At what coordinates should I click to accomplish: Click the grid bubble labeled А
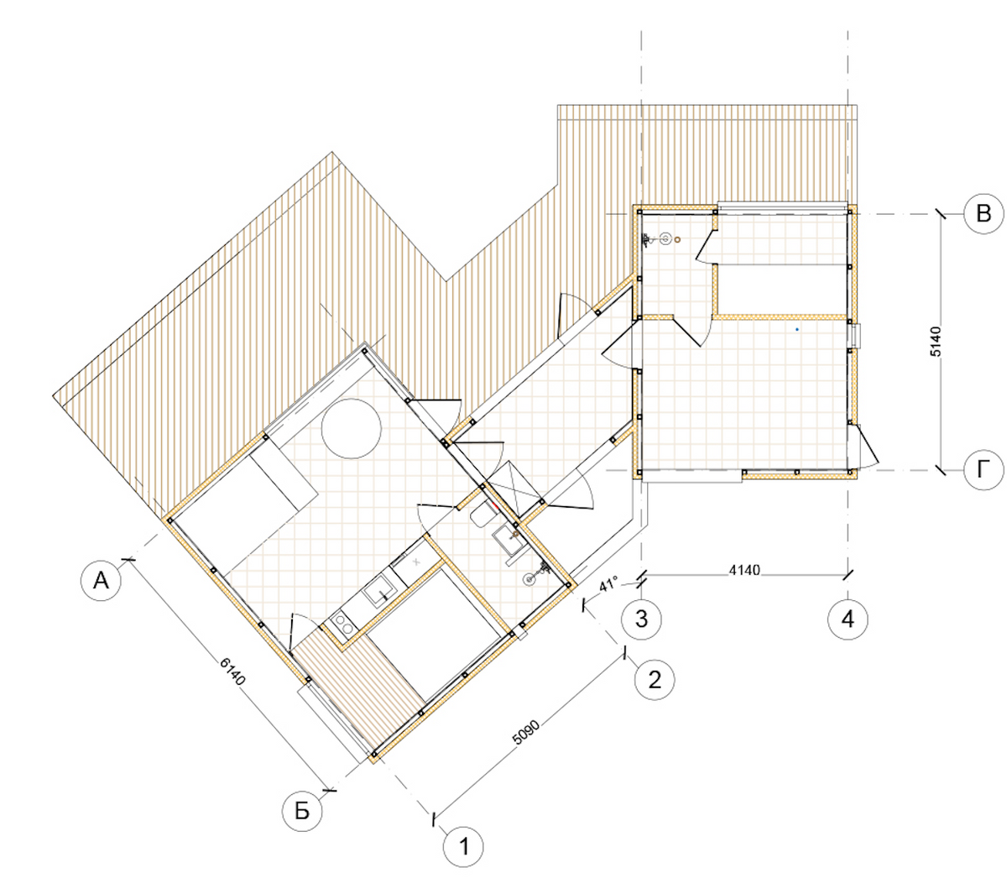coord(101,580)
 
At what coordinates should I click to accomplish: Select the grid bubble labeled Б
coord(302,811)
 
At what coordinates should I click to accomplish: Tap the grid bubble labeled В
coord(984,213)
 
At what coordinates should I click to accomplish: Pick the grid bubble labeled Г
coord(984,470)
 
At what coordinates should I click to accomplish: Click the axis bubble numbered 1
coord(463,847)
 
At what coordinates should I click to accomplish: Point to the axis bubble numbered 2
coord(655,680)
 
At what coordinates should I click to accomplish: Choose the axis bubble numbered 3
coord(641,619)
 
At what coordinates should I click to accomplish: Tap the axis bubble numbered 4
coord(848,619)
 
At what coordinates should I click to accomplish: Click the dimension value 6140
coord(232,672)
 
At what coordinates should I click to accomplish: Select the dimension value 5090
coord(526,733)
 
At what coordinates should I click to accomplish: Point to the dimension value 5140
coord(937,342)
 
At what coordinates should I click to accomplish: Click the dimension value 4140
coord(744,570)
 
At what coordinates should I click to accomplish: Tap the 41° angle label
coord(609,585)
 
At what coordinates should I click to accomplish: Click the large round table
coord(351,428)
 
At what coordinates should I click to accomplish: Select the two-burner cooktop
coord(343,624)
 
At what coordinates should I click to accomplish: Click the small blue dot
coord(797,329)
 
